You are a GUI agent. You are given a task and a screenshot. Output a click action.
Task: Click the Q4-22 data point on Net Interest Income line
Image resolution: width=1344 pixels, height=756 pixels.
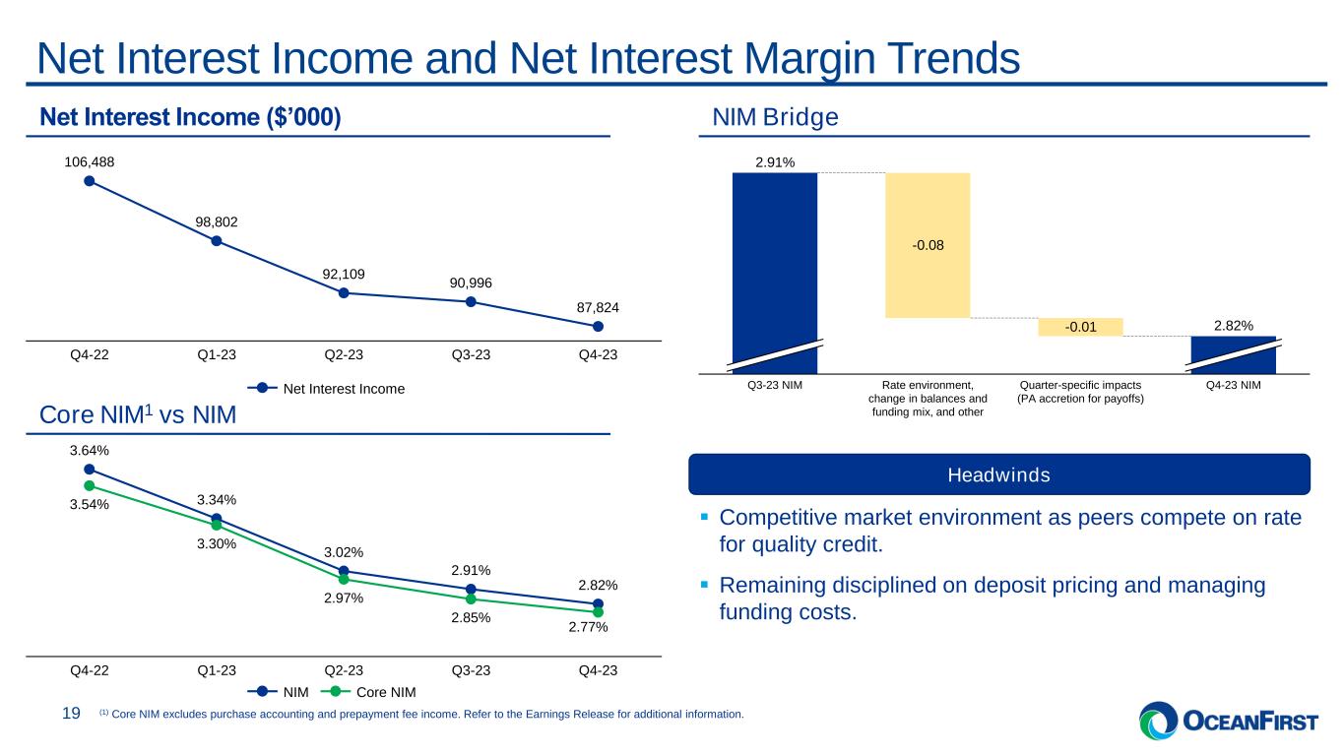pyautogui.click(x=89, y=180)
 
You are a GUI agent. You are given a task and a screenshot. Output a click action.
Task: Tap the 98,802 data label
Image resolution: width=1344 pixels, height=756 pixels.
pyautogui.click(x=216, y=222)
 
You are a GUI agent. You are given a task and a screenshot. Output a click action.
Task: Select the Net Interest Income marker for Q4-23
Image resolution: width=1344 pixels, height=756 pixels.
pyautogui.click(x=599, y=326)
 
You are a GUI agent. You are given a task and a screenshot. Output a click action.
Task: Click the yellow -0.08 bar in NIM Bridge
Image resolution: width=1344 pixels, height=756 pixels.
pyautogui.click(x=928, y=245)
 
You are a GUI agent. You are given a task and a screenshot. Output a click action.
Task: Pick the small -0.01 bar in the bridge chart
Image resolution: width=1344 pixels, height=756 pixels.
pyautogui.click(x=1079, y=327)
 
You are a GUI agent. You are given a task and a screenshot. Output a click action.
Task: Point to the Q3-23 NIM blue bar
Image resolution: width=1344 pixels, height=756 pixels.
pyautogui.click(x=775, y=266)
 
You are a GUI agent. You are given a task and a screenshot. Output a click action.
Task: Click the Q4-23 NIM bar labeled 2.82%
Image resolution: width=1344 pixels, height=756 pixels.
pyautogui.click(x=1233, y=354)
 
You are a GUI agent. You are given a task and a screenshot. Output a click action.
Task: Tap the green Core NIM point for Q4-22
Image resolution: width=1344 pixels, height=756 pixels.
pyautogui.click(x=89, y=485)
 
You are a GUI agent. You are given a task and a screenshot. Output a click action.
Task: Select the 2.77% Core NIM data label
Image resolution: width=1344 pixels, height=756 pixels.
pyautogui.click(x=587, y=627)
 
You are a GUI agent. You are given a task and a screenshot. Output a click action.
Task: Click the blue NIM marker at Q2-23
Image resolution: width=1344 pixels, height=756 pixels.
pyautogui.click(x=344, y=571)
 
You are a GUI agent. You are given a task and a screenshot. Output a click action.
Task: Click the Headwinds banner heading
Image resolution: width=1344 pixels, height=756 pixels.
pyautogui.click(x=998, y=475)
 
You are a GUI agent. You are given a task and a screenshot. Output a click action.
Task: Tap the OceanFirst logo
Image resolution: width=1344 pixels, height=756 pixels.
pyautogui.click(x=1228, y=722)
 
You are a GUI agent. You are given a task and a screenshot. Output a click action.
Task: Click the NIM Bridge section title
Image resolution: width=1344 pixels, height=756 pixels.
pyautogui.click(x=775, y=118)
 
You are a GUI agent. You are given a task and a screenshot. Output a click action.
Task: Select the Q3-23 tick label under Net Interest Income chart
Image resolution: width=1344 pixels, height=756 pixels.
pyautogui.click(x=472, y=355)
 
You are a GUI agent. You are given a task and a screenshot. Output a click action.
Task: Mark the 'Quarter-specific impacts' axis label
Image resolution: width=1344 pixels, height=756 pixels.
pyautogui.click(x=1079, y=385)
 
